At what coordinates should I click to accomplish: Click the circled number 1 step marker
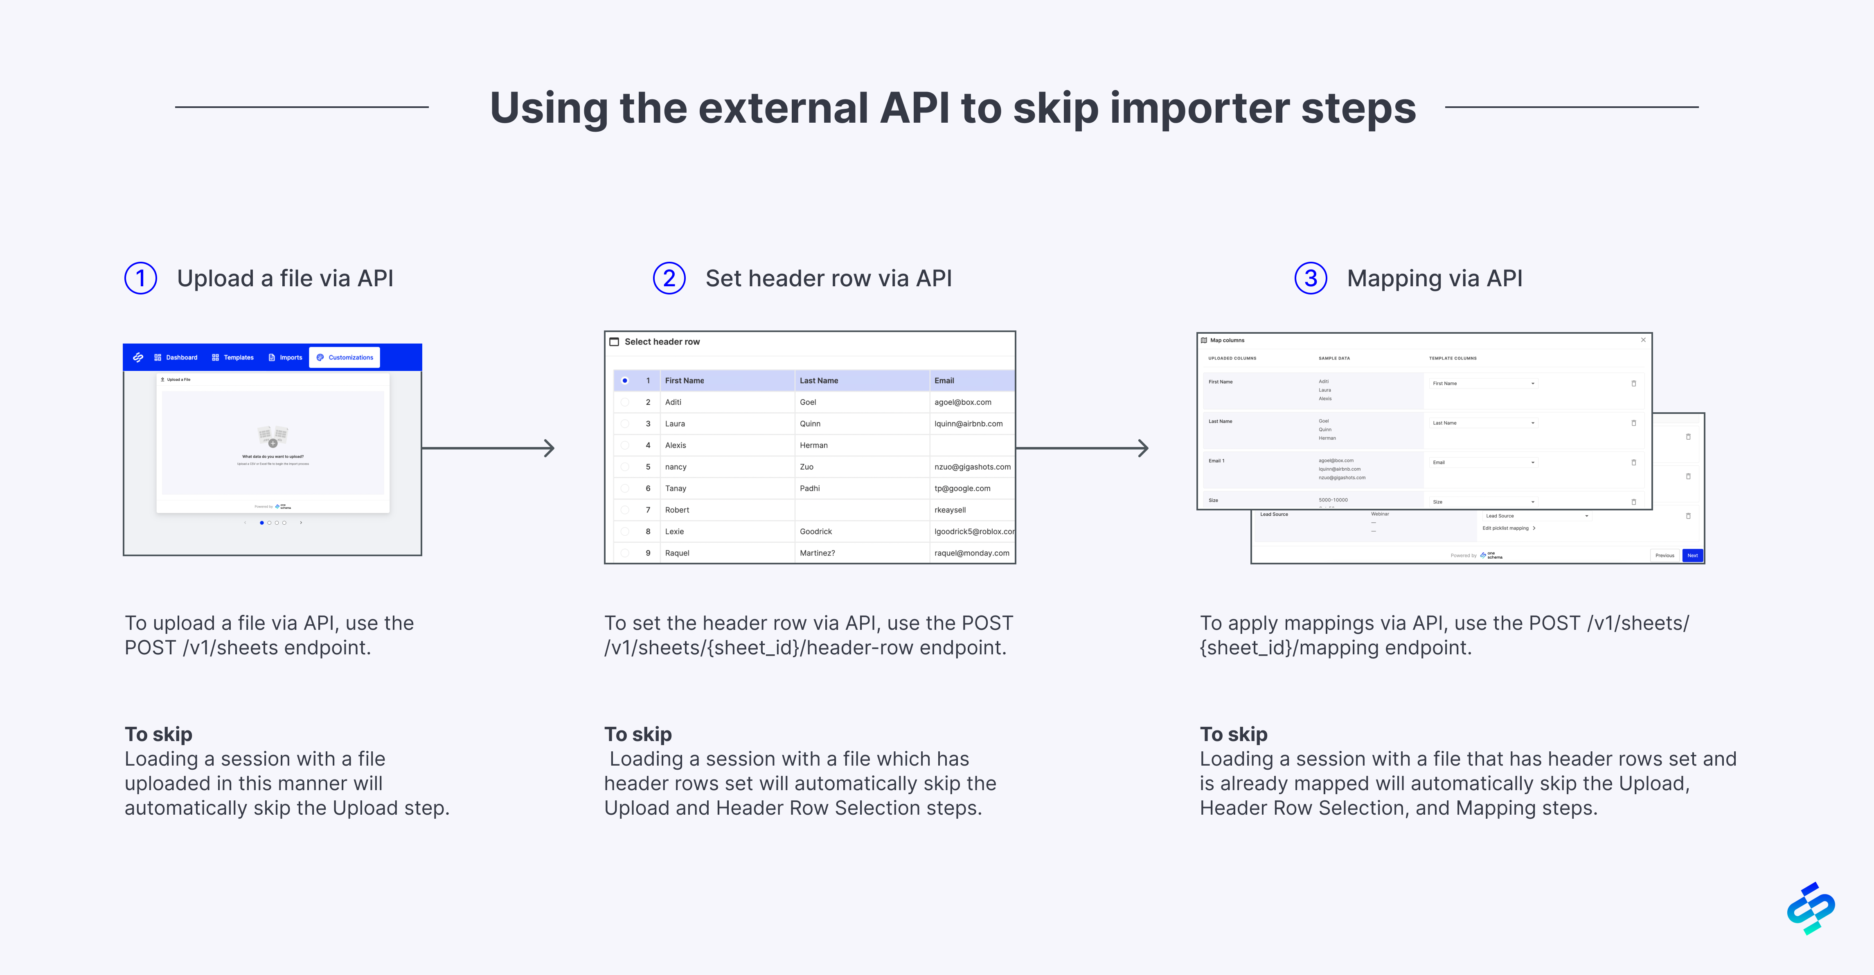coord(140,279)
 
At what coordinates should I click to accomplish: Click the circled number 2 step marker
coord(669,279)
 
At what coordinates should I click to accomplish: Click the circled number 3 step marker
coord(1310,279)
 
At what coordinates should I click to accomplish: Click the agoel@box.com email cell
coord(962,402)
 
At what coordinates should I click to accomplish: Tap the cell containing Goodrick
coord(815,532)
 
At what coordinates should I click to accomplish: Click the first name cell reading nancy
coord(676,467)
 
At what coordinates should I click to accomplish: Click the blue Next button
coord(1692,555)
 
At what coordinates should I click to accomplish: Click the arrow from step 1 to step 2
coord(487,448)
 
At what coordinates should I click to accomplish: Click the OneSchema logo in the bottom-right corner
coord(1811,908)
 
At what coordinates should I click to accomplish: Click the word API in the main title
coord(914,108)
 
